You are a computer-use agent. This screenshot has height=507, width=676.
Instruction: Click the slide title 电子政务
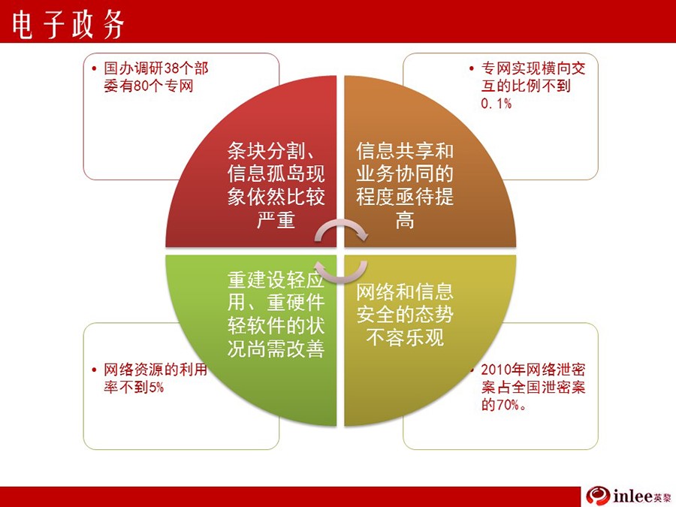(x=68, y=25)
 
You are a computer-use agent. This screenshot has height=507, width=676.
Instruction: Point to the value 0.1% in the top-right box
(x=496, y=104)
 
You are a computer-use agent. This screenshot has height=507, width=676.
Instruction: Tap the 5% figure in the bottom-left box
(x=156, y=387)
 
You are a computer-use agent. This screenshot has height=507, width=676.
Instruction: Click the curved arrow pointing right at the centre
(x=341, y=228)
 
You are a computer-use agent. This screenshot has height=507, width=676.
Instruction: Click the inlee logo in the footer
(x=628, y=496)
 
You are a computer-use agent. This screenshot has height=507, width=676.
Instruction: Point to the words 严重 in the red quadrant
(x=276, y=220)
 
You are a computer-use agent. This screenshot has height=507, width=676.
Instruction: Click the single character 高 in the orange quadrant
(x=405, y=220)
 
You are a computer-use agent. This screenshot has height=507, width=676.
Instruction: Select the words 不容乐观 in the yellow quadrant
(x=405, y=337)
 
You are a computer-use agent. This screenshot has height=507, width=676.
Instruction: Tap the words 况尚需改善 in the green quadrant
(x=276, y=349)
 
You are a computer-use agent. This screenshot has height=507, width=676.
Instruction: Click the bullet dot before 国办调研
(x=95, y=68)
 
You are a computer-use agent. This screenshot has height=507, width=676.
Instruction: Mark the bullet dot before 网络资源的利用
(x=95, y=370)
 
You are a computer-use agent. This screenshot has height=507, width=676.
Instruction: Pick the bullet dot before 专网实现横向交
(x=472, y=68)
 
